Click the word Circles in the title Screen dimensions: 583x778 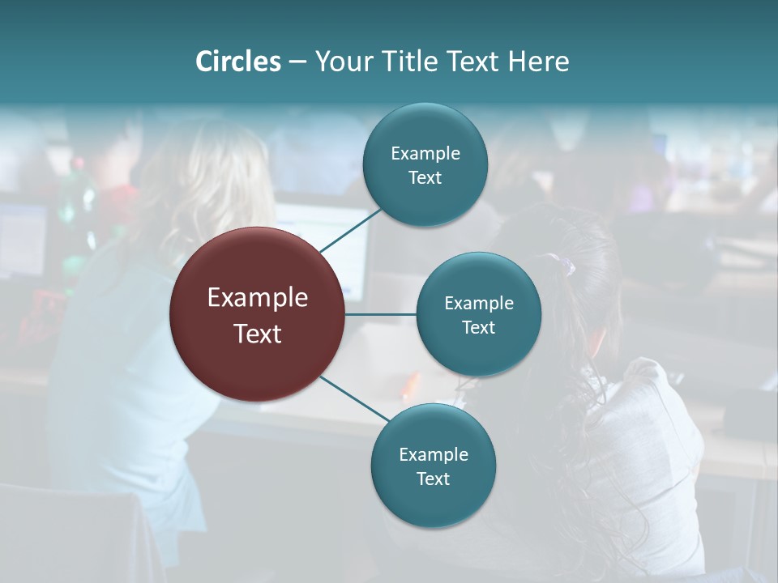pyautogui.click(x=238, y=62)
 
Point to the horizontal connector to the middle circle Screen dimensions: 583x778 pyautogui.click(x=381, y=314)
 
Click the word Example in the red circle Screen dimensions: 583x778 pyautogui.click(x=258, y=298)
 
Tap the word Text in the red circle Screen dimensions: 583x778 pyautogui.click(x=258, y=334)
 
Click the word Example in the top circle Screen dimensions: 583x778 pyautogui.click(x=425, y=153)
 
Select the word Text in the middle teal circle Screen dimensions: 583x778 pyautogui.click(x=478, y=327)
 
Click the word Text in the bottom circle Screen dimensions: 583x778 pyautogui.click(x=433, y=479)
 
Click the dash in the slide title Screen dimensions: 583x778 pyautogui.click(x=297, y=62)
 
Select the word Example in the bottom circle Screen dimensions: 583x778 pyautogui.click(x=434, y=454)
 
